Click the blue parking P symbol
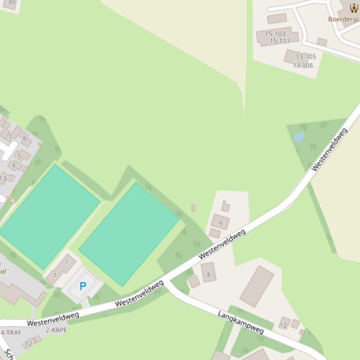(x=83, y=286)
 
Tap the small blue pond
(x=299, y=137)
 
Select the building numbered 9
(x=220, y=223)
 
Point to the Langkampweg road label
(x=241, y=322)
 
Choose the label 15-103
(x=275, y=34)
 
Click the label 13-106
(x=303, y=65)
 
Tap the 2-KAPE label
(x=56, y=330)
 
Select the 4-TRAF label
(x=11, y=332)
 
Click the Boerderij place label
(x=344, y=19)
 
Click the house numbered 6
(x=25, y=138)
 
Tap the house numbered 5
(x=19, y=156)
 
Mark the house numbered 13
(x=4, y=178)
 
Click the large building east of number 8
(x=257, y=286)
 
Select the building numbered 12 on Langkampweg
(x=284, y=324)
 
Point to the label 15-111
(x=279, y=41)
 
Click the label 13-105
(x=306, y=57)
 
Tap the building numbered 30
(x=10, y=3)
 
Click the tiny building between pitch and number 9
(x=193, y=207)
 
